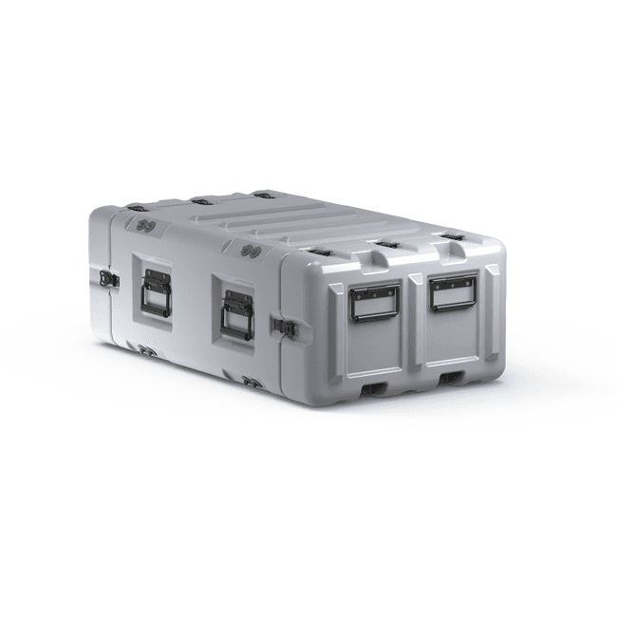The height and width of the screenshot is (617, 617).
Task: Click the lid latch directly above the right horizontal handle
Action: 454,234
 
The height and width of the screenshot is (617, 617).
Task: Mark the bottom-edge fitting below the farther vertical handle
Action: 149,350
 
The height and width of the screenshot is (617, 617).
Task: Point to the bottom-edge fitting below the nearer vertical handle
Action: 252,382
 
